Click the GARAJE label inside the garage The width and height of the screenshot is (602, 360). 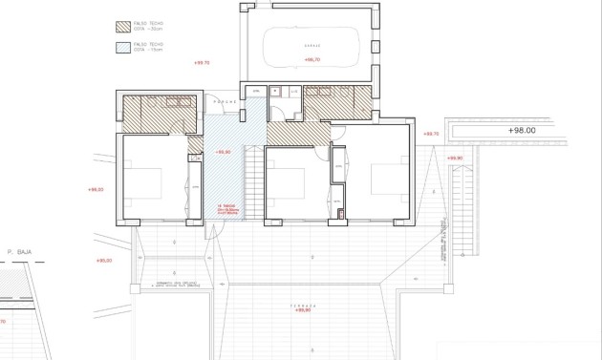(312, 45)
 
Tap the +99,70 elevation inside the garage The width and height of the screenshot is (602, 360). (312, 59)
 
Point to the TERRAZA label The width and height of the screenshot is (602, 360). (303, 305)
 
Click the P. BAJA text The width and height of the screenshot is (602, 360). (20, 252)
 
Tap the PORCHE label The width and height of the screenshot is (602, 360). (225, 101)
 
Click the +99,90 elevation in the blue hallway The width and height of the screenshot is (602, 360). (224, 152)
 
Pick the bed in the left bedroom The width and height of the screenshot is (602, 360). (143, 181)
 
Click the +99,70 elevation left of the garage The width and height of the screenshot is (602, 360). (201, 64)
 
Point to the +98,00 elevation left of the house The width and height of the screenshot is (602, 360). (95, 189)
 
